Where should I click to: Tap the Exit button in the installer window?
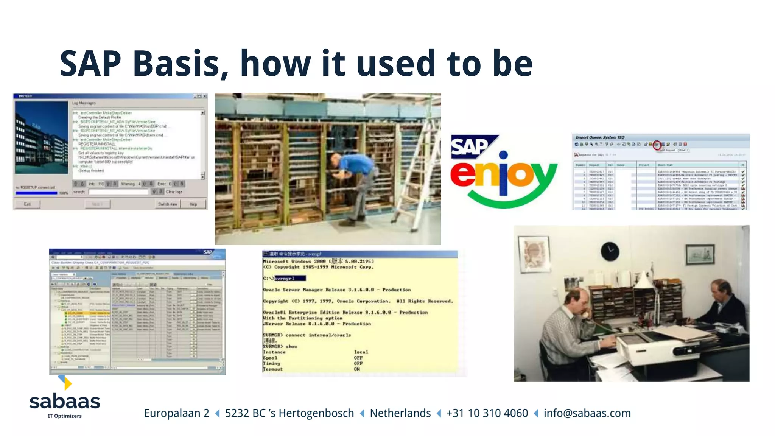[x=27, y=204]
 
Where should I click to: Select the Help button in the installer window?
[x=193, y=204]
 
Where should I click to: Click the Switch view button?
[x=168, y=204]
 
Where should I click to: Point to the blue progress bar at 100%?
[x=36, y=193]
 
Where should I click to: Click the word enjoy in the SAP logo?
[x=503, y=176]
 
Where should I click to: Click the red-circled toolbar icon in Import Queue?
[x=657, y=145]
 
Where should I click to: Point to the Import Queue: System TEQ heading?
[x=600, y=137]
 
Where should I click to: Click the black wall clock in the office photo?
[x=610, y=251]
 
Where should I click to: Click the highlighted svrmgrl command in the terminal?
[x=289, y=279]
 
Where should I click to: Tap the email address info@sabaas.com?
[x=587, y=413]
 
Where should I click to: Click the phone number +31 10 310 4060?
[x=487, y=413]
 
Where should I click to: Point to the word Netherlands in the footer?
[x=400, y=413]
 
